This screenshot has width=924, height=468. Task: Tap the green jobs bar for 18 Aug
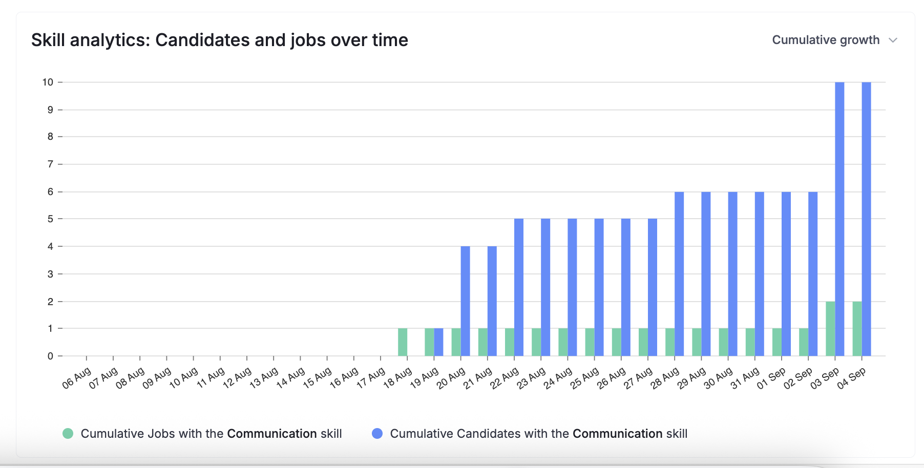point(403,342)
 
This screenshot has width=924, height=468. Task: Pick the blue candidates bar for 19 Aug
point(438,342)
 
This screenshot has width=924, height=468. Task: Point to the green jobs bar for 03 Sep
point(830,329)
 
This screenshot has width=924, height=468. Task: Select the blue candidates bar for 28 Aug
point(679,273)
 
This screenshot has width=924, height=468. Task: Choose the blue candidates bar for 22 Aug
point(519,287)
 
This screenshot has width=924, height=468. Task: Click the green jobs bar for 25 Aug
point(590,342)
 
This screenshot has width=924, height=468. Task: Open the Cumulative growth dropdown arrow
point(893,40)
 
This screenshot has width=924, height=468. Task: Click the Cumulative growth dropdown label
point(826,40)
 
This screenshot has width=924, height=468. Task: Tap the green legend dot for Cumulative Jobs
point(68,434)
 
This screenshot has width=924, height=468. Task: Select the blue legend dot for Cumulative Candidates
point(377,434)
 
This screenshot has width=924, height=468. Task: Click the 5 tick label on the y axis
point(50,219)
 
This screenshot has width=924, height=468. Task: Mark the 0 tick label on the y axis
point(50,356)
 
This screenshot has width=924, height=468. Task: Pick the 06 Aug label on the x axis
point(76,378)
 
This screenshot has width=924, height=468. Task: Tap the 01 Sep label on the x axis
point(771,378)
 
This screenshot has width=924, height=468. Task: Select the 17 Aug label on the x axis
point(370,378)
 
